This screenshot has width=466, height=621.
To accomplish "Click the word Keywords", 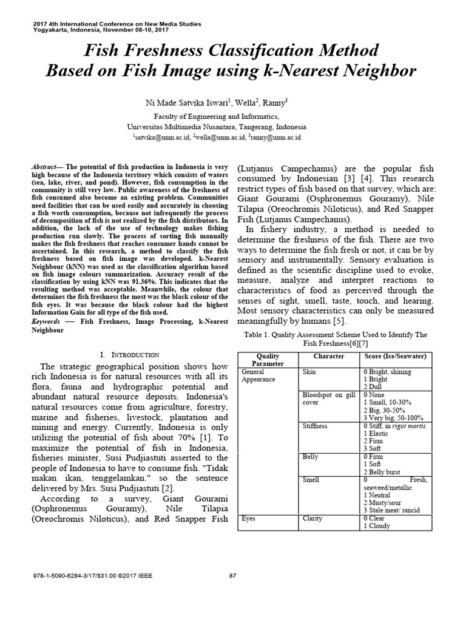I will [46, 321].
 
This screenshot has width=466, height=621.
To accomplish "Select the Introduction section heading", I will [130, 354].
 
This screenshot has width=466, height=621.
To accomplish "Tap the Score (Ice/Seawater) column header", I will [394, 355].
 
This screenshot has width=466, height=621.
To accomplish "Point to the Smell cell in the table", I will [311, 480].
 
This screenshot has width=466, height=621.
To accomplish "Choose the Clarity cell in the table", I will [313, 519].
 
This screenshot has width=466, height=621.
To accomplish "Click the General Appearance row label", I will [258, 375].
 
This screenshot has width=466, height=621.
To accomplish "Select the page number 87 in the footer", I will [232, 576].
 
